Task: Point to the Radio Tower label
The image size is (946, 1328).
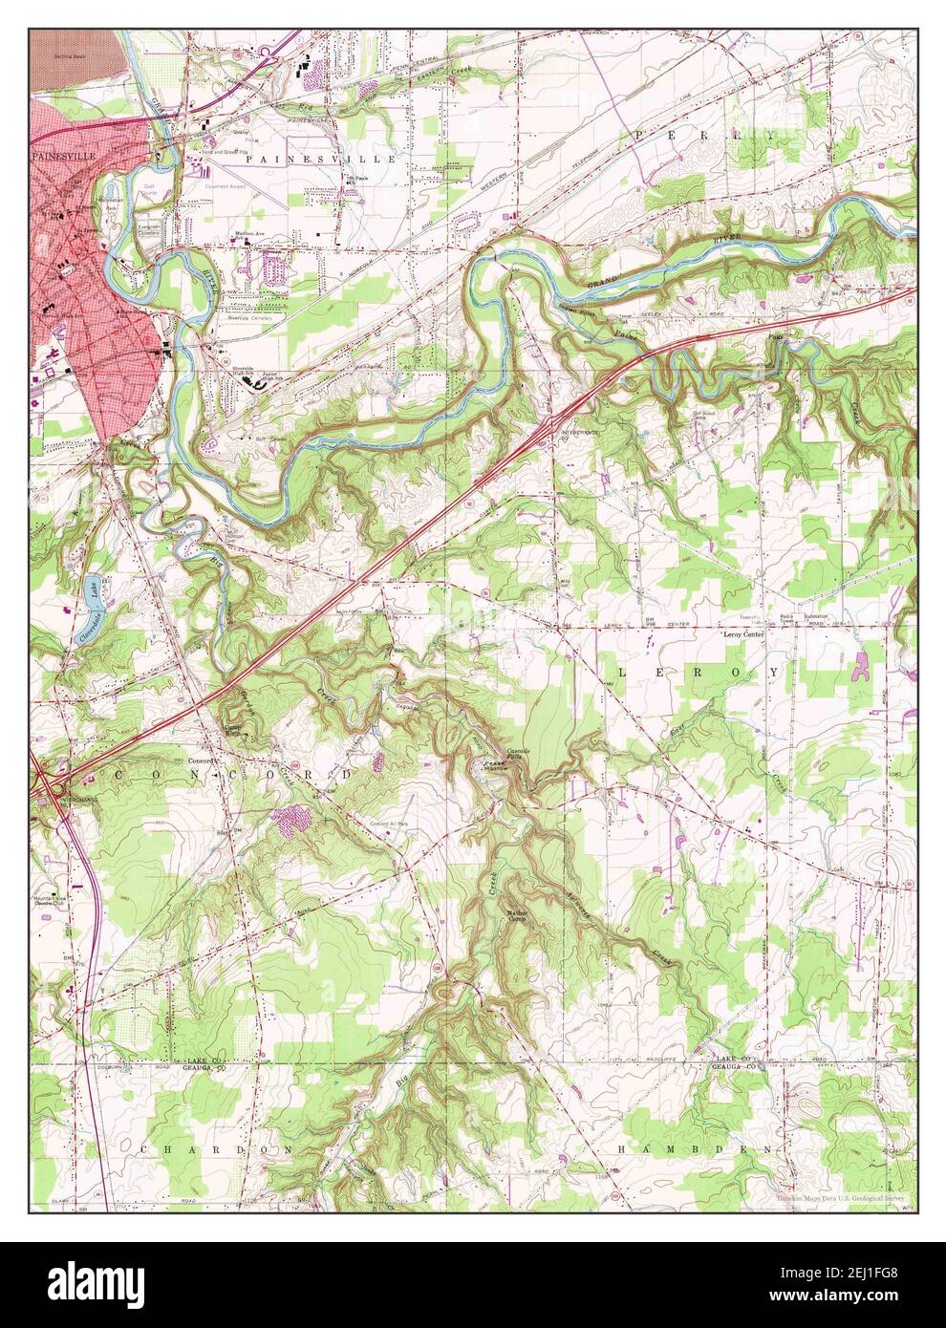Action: (787, 616)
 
